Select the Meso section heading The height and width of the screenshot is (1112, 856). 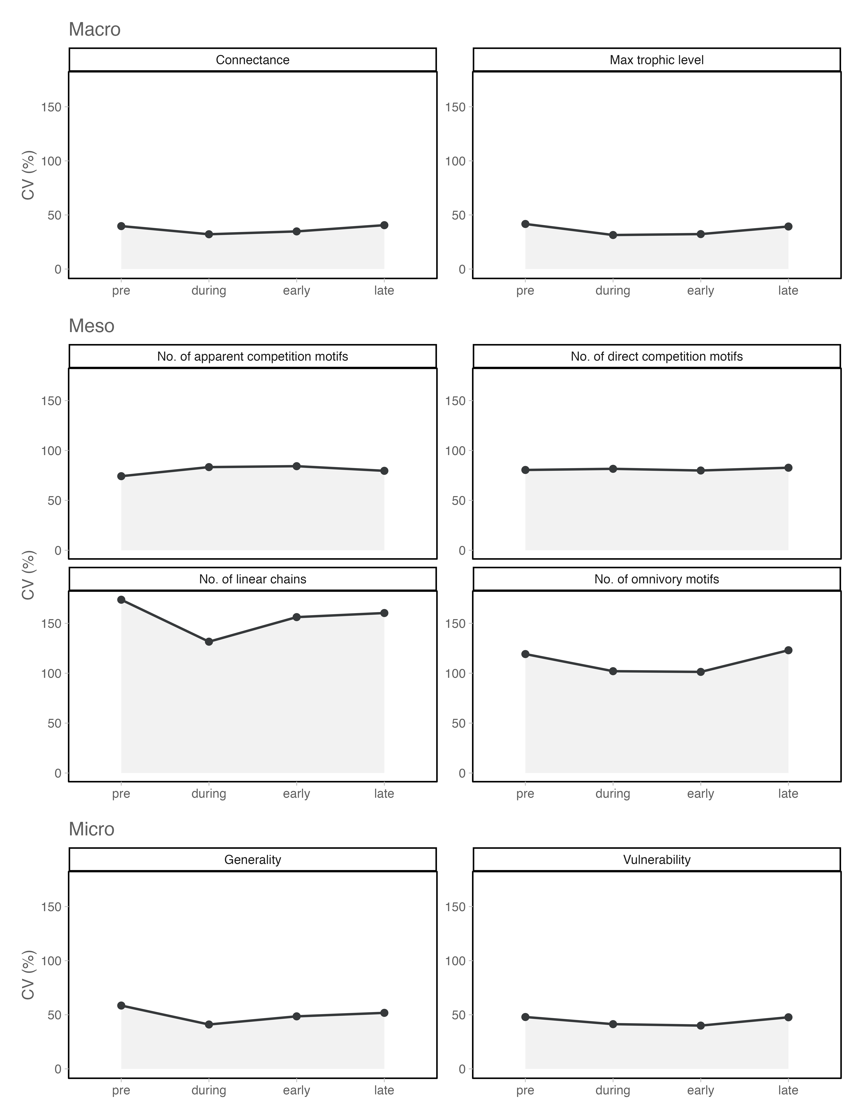coord(92,326)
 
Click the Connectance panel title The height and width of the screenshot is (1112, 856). coord(253,60)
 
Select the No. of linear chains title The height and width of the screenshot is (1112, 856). coord(253,579)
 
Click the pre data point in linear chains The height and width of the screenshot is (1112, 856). coord(121,600)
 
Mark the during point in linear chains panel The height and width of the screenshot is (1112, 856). coord(209,642)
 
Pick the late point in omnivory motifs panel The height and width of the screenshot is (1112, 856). coord(788,650)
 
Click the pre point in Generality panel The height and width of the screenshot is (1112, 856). coord(121,1006)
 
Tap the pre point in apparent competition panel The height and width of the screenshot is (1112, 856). coord(121,476)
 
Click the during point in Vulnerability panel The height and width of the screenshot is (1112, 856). coord(613,1024)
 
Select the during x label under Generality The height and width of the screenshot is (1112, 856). coord(209,1090)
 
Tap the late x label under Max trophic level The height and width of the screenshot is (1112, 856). coord(788,291)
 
